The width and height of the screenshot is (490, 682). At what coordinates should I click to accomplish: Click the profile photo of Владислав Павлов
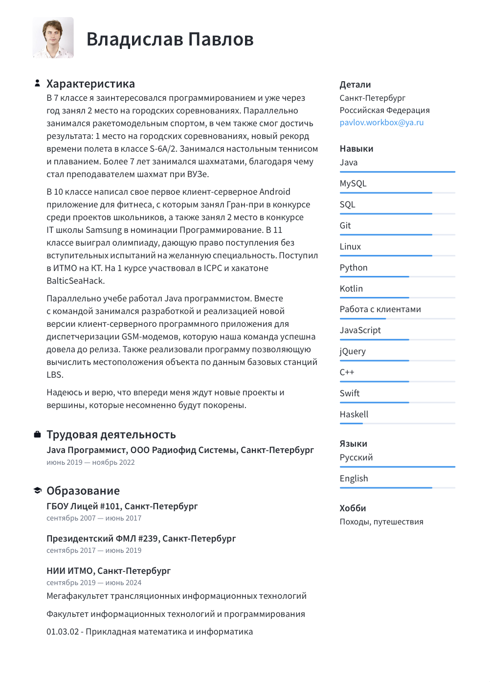coord(53,38)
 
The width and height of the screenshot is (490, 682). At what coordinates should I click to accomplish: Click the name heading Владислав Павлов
coord(170,39)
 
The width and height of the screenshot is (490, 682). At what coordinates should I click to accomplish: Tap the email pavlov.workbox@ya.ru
coord(381,122)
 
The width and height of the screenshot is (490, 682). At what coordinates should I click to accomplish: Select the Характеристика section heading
coord(90,84)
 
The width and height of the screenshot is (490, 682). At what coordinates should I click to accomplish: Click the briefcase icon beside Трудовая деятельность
coord(37,434)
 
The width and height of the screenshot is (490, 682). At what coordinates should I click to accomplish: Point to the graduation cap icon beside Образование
coord(37,490)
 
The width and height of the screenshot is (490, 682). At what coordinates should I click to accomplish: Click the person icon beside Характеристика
coord(37,83)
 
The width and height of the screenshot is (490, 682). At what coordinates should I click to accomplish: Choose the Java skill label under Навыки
coord(349,162)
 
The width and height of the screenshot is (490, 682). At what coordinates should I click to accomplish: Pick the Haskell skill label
coord(354,414)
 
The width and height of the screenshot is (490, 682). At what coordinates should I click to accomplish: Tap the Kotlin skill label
coord(351,289)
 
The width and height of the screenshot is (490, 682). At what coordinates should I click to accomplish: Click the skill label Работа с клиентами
coord(380,309)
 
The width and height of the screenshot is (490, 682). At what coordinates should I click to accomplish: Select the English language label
coord(354,478)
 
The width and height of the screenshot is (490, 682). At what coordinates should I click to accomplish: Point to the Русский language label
coord(356,457)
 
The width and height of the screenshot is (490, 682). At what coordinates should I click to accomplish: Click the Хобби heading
coord(353,508)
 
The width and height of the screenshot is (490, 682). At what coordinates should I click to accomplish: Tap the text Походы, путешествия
coord(381,522)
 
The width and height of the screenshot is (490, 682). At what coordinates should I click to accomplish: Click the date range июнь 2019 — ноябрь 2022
coord(90,462)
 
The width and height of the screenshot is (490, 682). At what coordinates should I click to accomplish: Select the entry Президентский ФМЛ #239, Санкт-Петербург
coord(141,539)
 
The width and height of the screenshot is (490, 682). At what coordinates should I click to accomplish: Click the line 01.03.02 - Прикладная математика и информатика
coord(150,632)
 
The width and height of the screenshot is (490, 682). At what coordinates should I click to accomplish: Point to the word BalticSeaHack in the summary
coord(75,281)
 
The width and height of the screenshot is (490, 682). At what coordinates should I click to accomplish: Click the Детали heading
coord(355,85)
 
